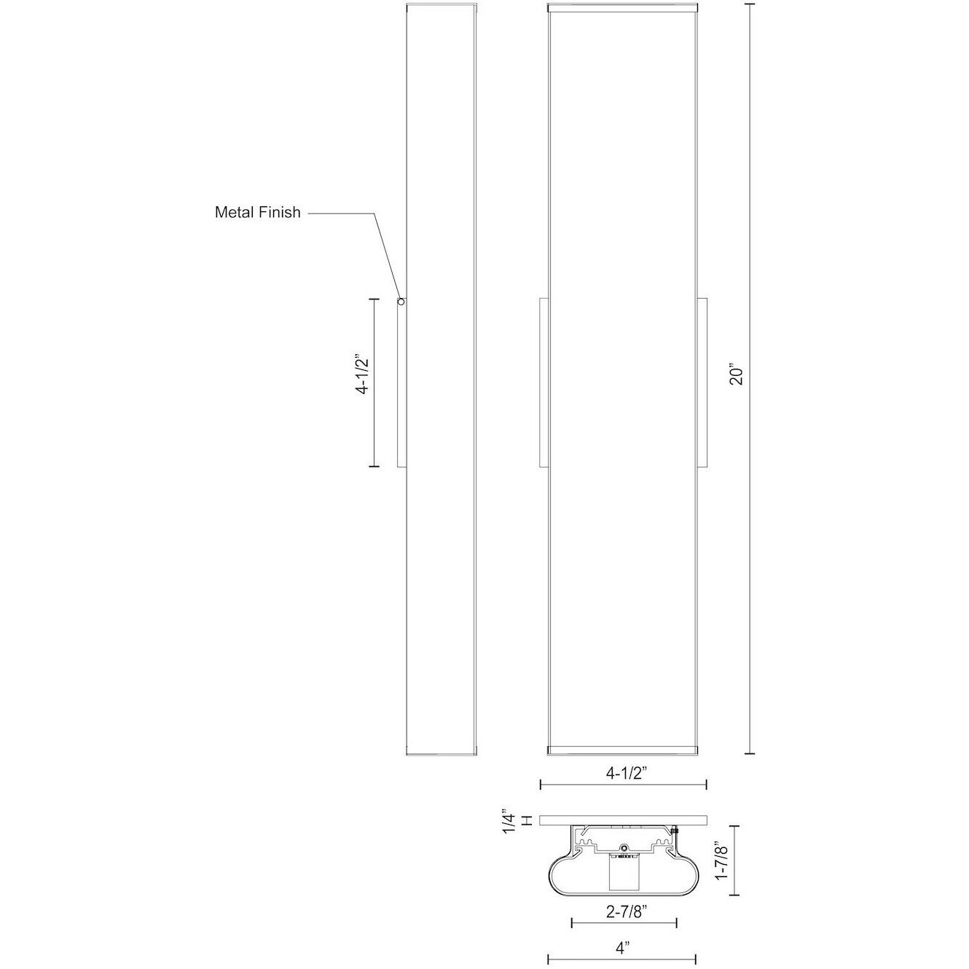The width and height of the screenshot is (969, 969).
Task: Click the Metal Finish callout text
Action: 257,213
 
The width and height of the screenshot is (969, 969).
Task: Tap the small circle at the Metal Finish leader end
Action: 400,300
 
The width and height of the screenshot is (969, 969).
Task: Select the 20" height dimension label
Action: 737,375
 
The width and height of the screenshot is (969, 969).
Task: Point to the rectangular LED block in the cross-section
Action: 624,873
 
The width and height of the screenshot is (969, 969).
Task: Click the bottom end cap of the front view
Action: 623,750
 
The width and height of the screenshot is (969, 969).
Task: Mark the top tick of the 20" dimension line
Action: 752,4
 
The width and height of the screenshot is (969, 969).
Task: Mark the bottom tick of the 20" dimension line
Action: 752,754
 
